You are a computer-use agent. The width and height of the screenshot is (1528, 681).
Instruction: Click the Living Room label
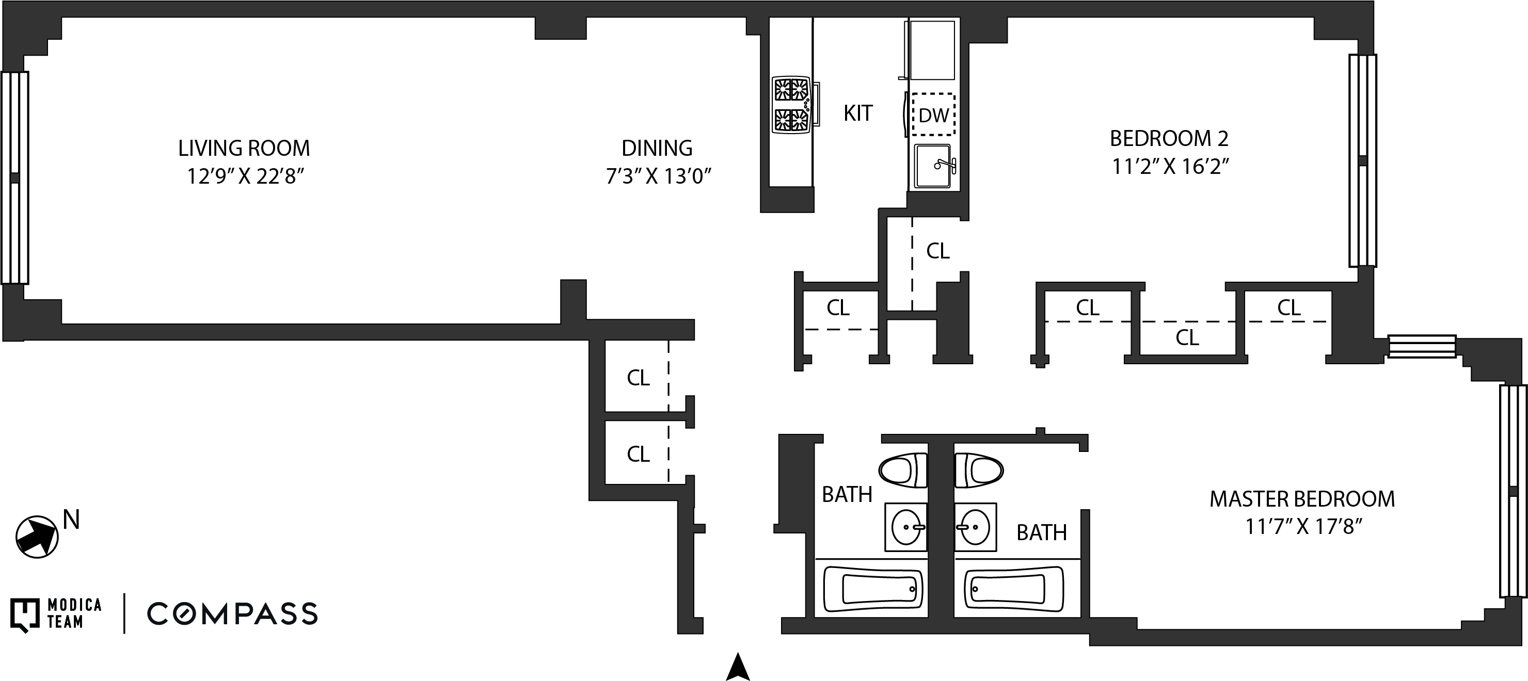[x=244, y=148]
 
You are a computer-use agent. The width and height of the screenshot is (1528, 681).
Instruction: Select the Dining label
[x=657, y=148]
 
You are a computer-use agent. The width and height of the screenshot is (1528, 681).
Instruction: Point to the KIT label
[x=858, y=113]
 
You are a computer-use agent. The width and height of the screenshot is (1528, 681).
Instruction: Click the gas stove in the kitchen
[x=791, y=104]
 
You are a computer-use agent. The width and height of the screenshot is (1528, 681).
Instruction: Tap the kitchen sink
[x=933, y=166]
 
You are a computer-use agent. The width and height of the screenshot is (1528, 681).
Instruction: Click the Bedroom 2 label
[x=1169, y=139]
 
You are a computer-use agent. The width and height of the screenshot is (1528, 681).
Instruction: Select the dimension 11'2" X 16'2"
[x=1170, y=167]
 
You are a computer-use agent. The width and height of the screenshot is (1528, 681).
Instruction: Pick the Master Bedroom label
[x=1302, y=499]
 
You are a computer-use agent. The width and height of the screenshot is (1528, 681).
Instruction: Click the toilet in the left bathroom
[x=903, y=471]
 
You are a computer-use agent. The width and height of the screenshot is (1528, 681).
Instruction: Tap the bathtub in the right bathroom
[x=1014, y=589]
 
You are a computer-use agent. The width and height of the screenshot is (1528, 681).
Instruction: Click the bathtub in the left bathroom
[x=874, y=589]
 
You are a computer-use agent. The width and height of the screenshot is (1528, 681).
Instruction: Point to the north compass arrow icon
[x=37, y=537]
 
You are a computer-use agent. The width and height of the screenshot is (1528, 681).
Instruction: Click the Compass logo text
[x=232, y=614]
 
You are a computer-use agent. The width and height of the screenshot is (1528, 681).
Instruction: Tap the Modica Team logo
[x=56, y=614]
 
